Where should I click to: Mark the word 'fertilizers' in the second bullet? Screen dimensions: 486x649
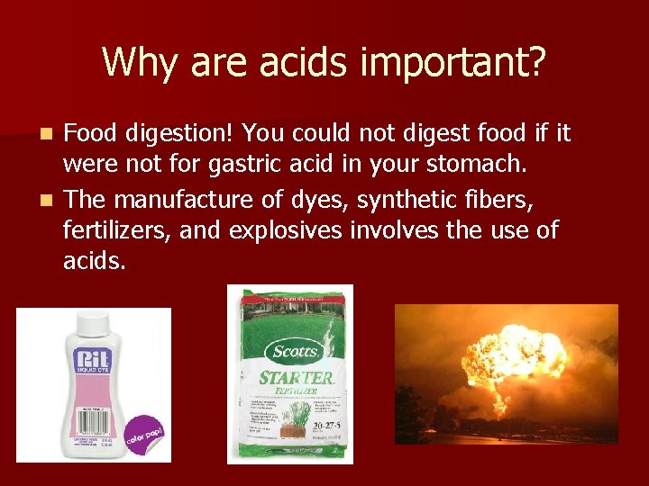(x=116, y=230)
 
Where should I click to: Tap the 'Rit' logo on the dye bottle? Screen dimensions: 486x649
(x=90, y=360)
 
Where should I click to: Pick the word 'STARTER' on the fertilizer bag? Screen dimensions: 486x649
(x=296, y=377)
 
